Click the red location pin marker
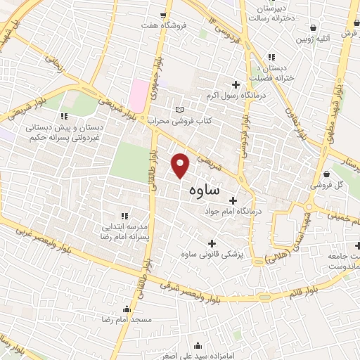click(x=181, y=165)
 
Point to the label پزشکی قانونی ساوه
click(x=211, y=254)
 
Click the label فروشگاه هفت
click(x=164, y=26)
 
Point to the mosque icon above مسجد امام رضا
click(x=127, y=309)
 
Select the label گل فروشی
click(x=328, y=184)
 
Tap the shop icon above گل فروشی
click(x=327, y=174)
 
